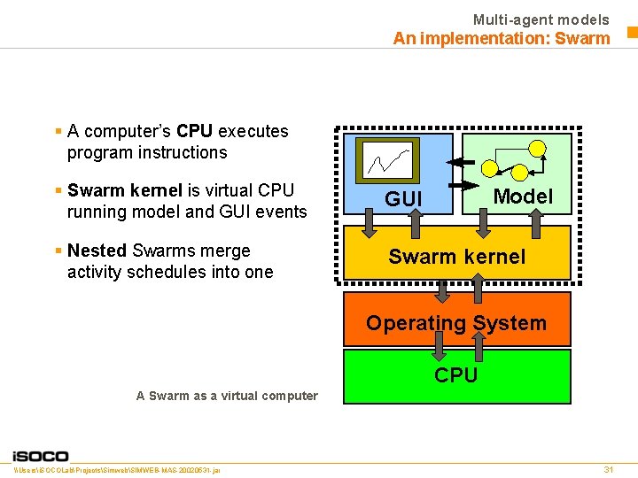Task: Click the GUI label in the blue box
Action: coord(404,199)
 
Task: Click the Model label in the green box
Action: coord(523,197)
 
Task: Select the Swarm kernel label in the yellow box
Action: coord(456,257)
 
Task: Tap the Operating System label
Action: coord(456,323)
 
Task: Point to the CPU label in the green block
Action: coord(456,375)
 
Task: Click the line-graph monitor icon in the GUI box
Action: coord(387,160)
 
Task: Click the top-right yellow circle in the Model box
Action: coord(537,147)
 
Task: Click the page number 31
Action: coord(608,469)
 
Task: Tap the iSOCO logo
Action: coord(40,455)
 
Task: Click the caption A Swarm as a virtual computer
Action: coord(227,396)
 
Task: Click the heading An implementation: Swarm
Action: coord(502,38)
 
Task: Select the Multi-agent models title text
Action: coord(541,19)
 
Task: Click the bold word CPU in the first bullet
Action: coord(194,131)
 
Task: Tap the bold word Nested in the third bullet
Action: coord(97,251)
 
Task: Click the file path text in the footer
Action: coord(118,469)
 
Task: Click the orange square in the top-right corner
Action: coord(632,34)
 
